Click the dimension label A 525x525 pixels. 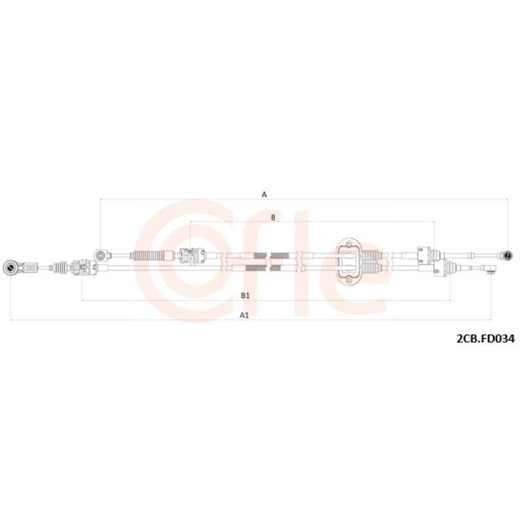264,194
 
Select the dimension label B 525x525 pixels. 273,218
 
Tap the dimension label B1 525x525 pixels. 245,296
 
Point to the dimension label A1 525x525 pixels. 244,315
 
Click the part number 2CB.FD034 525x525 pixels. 486,339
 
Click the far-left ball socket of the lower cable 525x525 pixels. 9,268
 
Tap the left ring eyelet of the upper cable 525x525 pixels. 100,256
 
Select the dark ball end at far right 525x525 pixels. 507,256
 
